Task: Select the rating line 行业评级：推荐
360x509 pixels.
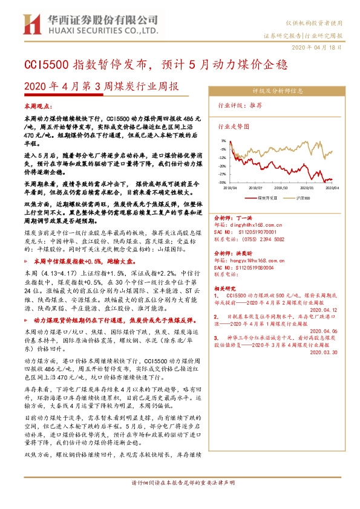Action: click(240, 105)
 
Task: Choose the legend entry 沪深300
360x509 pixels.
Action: click(302, 197)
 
